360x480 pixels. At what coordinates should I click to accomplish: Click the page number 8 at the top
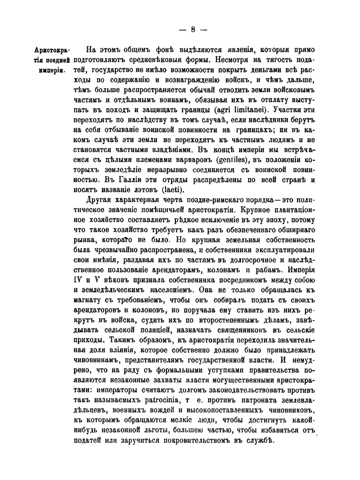pos(193,30)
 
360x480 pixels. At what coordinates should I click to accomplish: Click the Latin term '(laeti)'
pos(174,190)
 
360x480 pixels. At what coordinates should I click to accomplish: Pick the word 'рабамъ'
pos(264,270)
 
